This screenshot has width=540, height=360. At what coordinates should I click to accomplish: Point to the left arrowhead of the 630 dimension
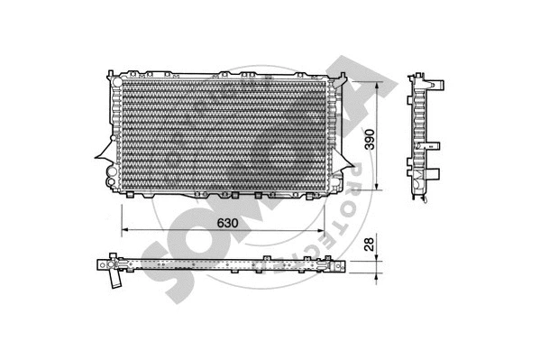(124, 232)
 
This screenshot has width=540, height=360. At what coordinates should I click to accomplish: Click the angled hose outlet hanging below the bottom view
(115, 281)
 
